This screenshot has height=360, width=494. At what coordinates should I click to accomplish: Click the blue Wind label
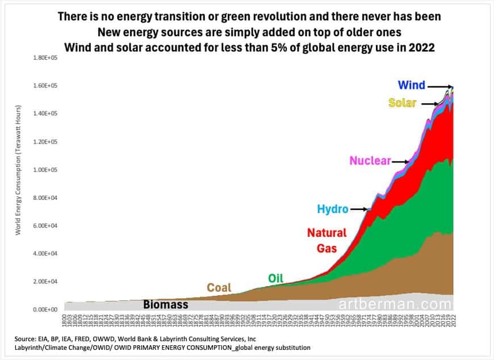[x=411, y=86]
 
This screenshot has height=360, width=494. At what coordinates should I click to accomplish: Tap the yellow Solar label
[x=402, y=103]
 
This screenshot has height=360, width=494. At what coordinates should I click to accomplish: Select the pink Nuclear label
[x=370, y=161]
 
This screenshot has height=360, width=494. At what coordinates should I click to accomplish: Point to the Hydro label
[x=332, y=210]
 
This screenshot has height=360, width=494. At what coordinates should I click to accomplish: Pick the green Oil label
[x=275, y=278]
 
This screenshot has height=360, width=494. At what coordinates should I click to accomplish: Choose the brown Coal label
[x=219, y=287]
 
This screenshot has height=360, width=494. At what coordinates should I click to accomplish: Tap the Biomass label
[x=165, y=305]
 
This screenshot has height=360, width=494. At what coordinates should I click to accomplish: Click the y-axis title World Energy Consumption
[x=19, y=170]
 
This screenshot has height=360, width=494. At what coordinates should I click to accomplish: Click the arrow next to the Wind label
[x=438, y=86]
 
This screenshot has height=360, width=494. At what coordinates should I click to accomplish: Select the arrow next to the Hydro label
[x=359, y=210]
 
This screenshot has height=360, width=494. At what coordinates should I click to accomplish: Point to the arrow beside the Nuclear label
[x=400, y=161]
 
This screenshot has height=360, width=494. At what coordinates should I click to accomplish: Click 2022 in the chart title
[x=420, y=47]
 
